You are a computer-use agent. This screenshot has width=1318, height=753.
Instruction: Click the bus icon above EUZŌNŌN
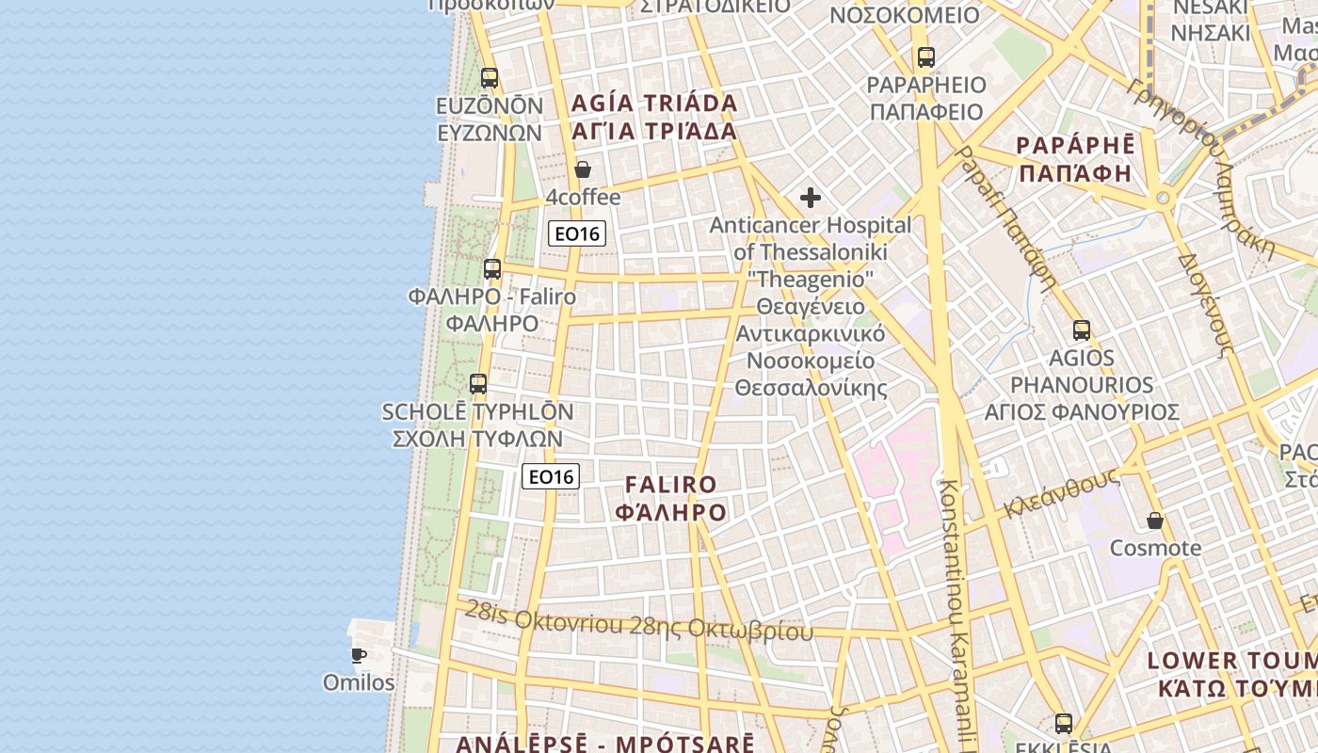point(490,77)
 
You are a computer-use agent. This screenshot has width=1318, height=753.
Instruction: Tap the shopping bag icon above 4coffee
point(583,169)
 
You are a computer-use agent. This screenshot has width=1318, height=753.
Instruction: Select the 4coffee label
point(583,198)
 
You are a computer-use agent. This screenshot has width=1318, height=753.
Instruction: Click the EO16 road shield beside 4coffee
point(576,233)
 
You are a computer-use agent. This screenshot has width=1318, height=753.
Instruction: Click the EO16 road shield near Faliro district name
point(551,476)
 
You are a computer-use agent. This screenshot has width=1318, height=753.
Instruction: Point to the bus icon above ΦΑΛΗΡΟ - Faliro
point(492,269)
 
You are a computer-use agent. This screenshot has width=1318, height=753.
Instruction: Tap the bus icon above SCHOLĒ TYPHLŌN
point(478,384)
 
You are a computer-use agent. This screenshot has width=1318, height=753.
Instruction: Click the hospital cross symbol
point(810,198)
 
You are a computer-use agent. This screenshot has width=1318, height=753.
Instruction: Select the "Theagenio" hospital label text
point(811,279)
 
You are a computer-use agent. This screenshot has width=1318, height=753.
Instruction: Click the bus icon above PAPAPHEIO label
point(926,57)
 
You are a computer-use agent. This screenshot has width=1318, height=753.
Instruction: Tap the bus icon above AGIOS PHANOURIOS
point(1082,330)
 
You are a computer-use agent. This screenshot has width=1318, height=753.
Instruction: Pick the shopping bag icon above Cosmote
point(1155,521)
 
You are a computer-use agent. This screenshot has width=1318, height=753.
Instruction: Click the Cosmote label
point(1155,548)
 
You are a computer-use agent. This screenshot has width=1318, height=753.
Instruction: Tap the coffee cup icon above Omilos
point(358,655)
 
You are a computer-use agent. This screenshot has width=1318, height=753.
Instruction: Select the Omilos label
point(359,682)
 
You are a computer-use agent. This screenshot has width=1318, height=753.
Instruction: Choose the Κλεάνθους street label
point(1061,492)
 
